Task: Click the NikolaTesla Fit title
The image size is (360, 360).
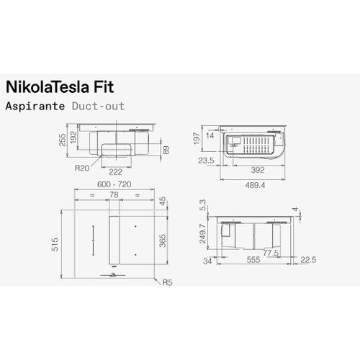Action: [x=60, y=87]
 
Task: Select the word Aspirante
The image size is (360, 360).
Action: [x=35, y=106]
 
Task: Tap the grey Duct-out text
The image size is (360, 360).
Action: [x=98, y=106]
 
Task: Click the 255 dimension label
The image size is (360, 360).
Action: [x=62, y=140]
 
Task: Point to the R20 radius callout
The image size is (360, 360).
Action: [x=81, y=168]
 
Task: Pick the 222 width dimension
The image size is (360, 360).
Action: [x=115, y=172]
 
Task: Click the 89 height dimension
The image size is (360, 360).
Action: [x=166, y=150]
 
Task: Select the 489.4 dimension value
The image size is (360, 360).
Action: [x=255, y=185]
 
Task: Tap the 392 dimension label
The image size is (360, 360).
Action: [x=258, y=170]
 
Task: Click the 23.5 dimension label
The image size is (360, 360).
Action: [x=206, y=161]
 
